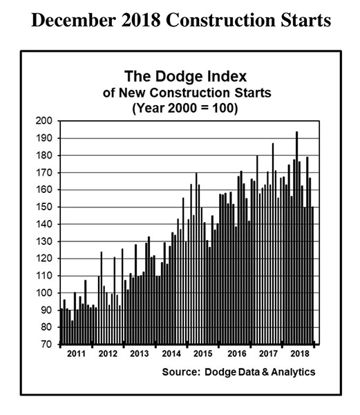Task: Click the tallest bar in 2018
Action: [297, 238]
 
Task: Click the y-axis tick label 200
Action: [44, 121]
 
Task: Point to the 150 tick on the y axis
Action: [44, 207]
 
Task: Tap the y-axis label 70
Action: [46, 344]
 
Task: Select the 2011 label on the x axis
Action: [76, 353]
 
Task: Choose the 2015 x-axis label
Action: [202, 353]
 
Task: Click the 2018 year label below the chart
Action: [300, 353]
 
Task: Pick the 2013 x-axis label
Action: [140, 353]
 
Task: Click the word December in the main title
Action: [74, 20]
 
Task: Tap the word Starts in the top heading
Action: [305, 20]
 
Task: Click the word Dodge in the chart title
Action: [179, 77]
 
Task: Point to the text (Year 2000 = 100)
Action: [184, 108]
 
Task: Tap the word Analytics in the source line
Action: [293, 372]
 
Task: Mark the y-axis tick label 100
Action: [44, 293]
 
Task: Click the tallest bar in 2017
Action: [273, 243]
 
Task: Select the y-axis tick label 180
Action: [44, 156]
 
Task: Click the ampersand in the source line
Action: [265, 372]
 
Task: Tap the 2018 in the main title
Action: [141, 20]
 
